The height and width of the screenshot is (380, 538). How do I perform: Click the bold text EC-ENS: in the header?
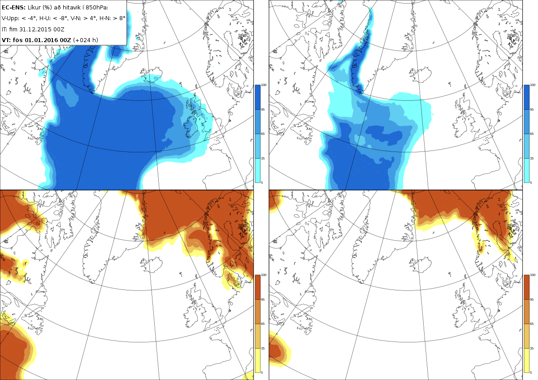[x=13, y=8]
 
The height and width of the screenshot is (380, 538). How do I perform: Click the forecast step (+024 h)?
[x=85, y=40]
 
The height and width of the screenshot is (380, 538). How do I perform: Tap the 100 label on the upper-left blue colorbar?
[x=264, y=85]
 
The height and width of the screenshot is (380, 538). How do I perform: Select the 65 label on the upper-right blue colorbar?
[x=532, y=134]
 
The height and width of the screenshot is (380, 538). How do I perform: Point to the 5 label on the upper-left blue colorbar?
[x=263, y=182]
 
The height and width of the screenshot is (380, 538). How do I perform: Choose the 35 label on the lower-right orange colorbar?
[x=532, y=348]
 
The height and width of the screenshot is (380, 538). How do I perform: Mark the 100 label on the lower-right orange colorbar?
[x=533, y=275]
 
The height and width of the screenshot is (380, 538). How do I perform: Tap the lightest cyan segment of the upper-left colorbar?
[x=258, y=170]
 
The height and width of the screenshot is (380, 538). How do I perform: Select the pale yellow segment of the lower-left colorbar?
[x=258, y=360]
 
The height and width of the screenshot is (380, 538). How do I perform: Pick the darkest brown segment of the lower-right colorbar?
[x=526, y=287]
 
